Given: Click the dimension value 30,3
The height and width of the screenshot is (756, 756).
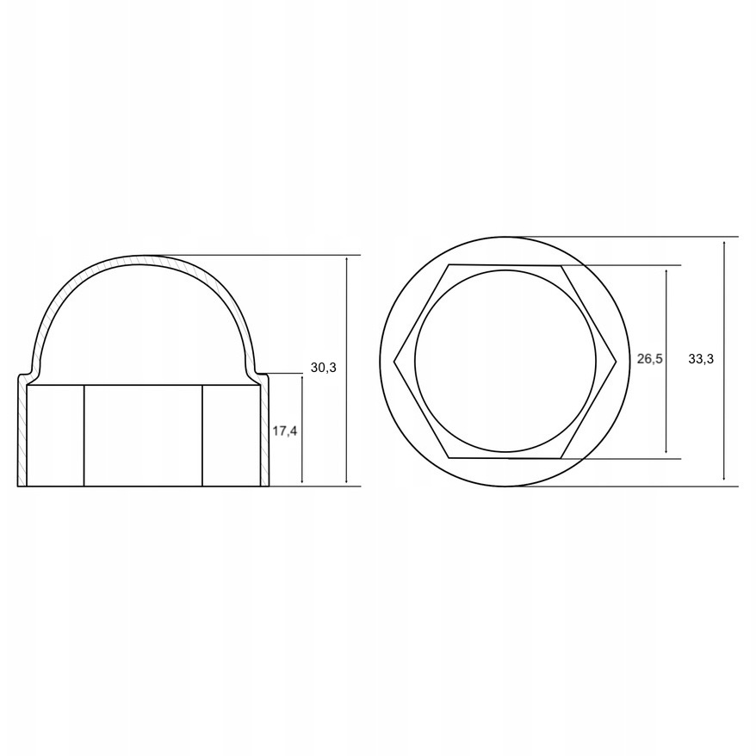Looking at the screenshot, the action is pos(324,368).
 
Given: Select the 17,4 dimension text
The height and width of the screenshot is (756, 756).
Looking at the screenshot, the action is pos(284,431).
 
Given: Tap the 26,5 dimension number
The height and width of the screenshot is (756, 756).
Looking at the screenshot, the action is pos(649,359).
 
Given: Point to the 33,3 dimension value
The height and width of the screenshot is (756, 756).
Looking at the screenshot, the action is pos(701,359).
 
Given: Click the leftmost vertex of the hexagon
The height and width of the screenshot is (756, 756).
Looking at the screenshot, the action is pos(393,361).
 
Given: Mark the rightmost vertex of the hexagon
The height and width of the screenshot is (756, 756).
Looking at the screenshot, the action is pos(617,361).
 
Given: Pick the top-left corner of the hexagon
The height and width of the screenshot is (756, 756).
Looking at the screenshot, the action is pos(449,264).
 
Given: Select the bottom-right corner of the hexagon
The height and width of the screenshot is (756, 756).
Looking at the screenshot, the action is pos(561,458).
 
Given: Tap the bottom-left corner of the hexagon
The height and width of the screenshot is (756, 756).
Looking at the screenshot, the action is pos(449,457).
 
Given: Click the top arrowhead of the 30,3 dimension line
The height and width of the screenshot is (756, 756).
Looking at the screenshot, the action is pos(347,259).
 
